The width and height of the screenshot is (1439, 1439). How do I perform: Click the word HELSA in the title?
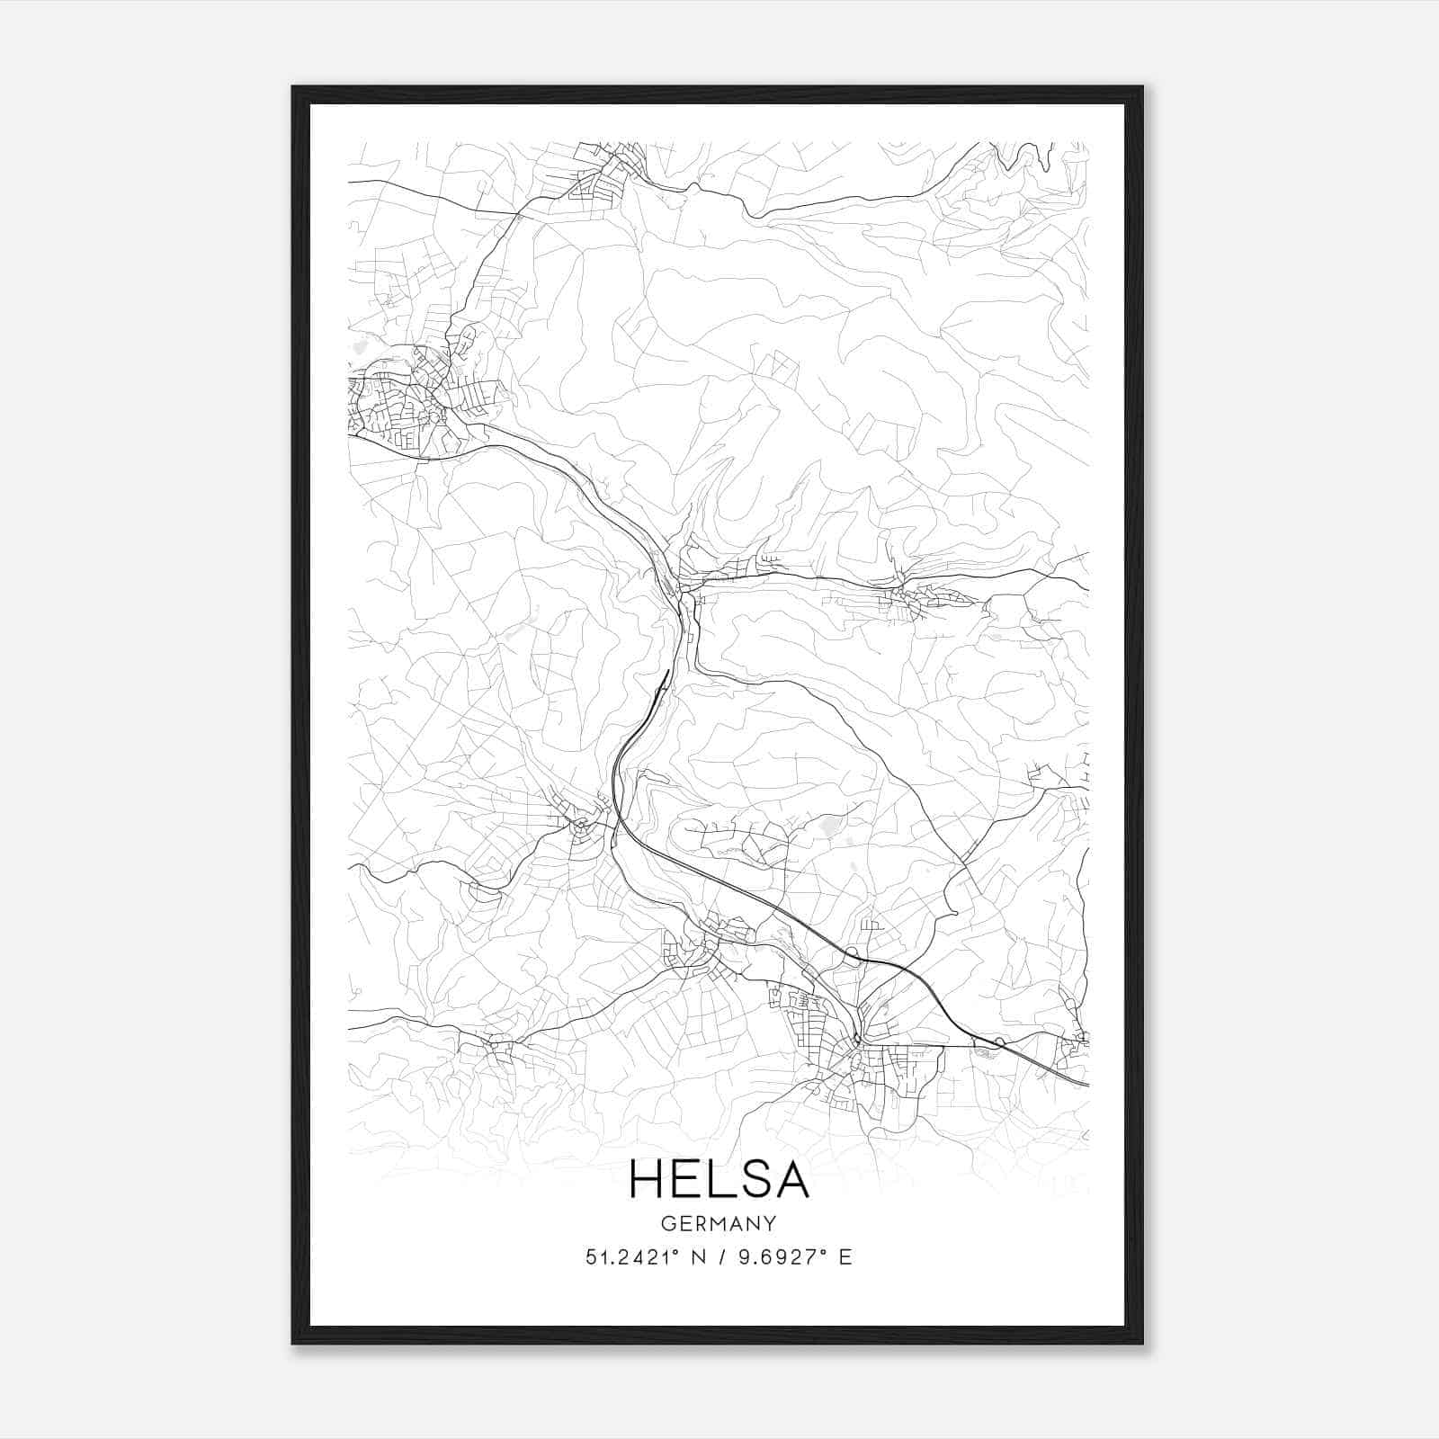719,1179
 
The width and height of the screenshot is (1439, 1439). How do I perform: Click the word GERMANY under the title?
719,1224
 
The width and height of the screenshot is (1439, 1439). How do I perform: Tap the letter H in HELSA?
647,1179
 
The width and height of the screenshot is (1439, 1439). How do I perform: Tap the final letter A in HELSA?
791,1179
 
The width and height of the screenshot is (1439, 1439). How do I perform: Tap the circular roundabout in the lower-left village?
581,824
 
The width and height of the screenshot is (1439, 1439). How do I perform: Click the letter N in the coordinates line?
696,1257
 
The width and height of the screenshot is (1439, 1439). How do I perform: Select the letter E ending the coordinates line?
845,1257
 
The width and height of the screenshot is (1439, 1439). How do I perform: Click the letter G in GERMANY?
666,1224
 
